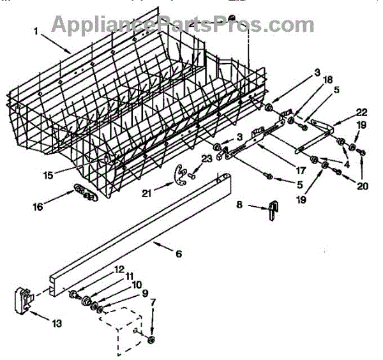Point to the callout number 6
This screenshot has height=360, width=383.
[x=178, y=254]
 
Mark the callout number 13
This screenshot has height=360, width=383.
[x=57, y=324]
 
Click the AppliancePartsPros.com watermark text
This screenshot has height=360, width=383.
[x=182, y=24]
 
